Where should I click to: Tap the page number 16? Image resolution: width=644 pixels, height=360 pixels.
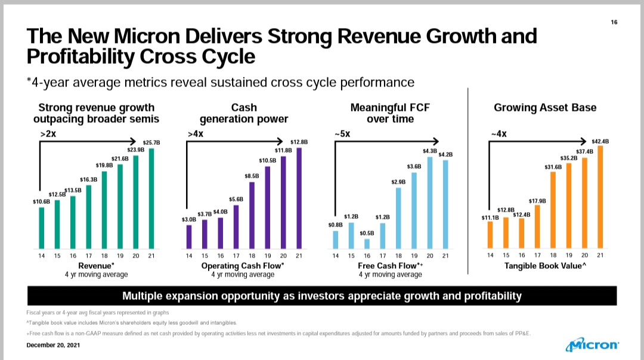point(614,23)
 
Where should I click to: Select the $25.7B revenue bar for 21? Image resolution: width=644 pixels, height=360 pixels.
point(151,198)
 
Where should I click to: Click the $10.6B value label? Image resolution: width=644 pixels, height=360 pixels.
point(42,202)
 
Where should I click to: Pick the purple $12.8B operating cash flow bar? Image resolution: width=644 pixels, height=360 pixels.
point(299,198)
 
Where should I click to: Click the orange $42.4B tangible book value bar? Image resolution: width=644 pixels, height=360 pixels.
point(600,197)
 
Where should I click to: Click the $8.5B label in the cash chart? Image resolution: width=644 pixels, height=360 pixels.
point(252,176)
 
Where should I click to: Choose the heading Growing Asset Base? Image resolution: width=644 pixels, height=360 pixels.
point(545,108)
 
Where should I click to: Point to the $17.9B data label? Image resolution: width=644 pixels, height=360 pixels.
point(537,201)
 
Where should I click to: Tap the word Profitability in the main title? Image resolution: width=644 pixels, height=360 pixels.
point(83,57)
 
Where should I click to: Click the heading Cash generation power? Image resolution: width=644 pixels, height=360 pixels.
point(244,113)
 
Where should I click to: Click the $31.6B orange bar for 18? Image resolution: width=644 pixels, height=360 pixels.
point(553,210)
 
